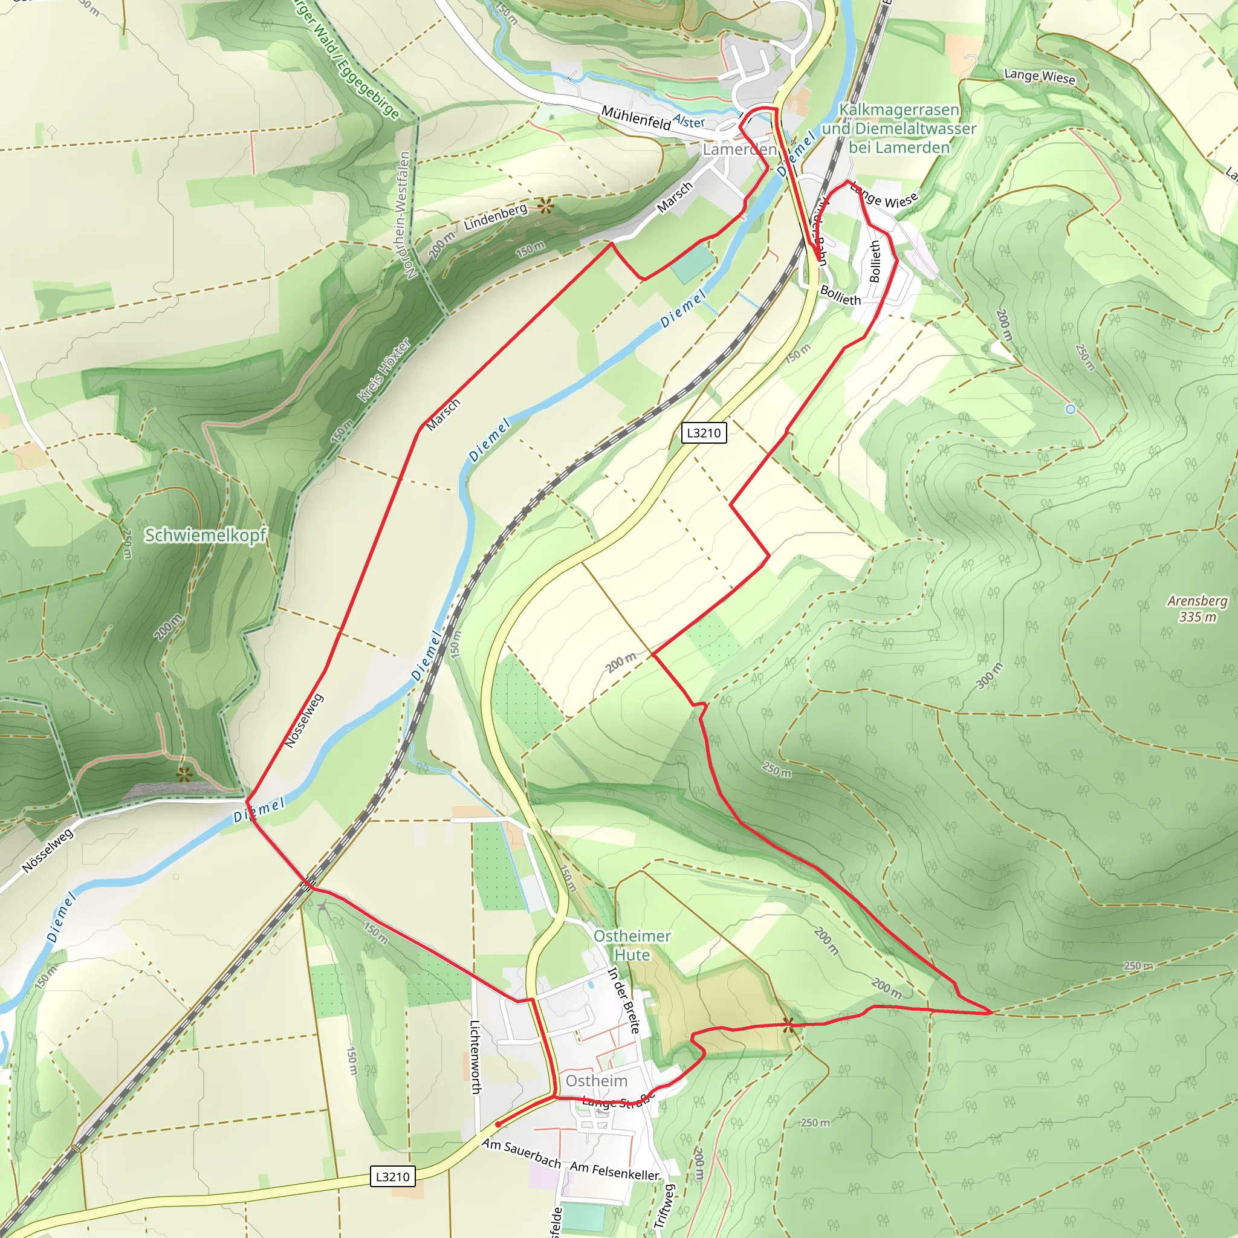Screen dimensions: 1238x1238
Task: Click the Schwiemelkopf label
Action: click(205, 535)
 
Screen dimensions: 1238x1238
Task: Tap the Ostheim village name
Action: click(596, 1081)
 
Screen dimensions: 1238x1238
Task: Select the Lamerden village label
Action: click(739, 149)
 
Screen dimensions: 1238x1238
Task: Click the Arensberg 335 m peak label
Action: click(1197, 609)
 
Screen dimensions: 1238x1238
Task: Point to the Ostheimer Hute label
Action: click(632, 945)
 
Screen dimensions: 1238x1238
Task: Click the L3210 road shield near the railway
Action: click(704, 433)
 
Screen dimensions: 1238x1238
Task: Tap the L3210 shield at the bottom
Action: click(392, 1176)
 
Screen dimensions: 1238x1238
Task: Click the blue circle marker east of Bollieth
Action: click(1070, 409)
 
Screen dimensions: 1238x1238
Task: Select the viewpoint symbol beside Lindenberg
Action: click(545, 206)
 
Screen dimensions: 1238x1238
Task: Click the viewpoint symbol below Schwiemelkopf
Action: click(184, 776)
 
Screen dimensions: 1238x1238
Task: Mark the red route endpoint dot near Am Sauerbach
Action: click(498, 1124)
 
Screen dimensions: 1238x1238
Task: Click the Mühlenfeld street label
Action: click(635, 118)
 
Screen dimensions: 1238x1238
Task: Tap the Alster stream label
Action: click(689, 121)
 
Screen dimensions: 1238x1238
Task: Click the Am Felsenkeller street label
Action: click(615, 1171)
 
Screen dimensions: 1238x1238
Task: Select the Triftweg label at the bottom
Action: click(664, 1205)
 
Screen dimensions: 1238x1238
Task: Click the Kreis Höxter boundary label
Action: click(383, 371)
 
